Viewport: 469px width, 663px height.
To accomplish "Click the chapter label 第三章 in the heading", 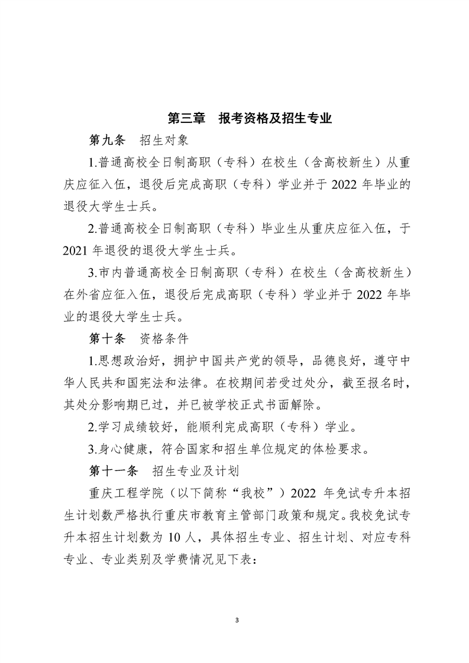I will pos(186,118).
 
